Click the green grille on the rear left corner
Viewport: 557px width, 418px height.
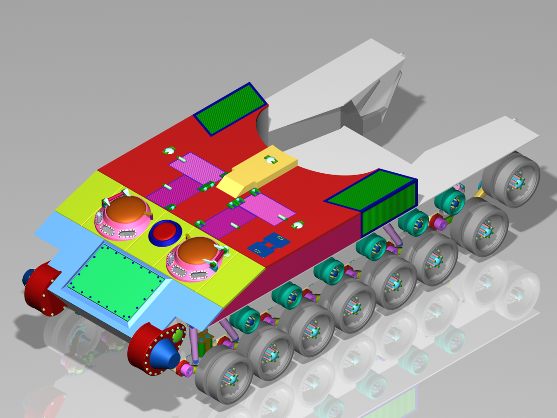point(229,109)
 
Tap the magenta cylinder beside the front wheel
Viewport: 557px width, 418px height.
point(187,370)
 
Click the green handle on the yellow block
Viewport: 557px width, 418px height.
point(271,160)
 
